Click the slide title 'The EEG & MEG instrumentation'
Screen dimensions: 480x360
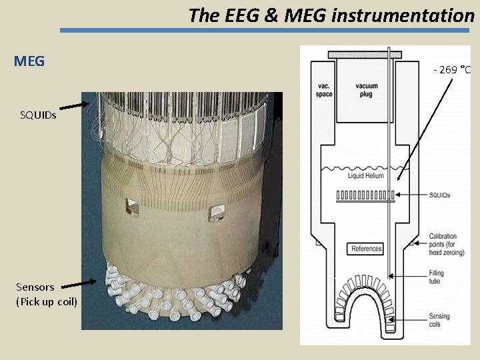[331, 15]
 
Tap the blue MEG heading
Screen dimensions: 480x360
[29, 62]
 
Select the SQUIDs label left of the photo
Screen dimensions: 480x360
[38, 115]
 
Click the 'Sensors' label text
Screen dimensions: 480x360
[35, 287]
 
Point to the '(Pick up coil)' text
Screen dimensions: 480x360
[47, 302]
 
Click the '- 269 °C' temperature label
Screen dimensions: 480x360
[453, 70]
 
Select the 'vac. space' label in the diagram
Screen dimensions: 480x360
[324, 90]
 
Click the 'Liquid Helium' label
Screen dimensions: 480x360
[366, 176]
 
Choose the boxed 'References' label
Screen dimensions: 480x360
[366, 249]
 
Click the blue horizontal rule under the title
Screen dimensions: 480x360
[267, 30]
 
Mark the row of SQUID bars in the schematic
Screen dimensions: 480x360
[367, 196]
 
